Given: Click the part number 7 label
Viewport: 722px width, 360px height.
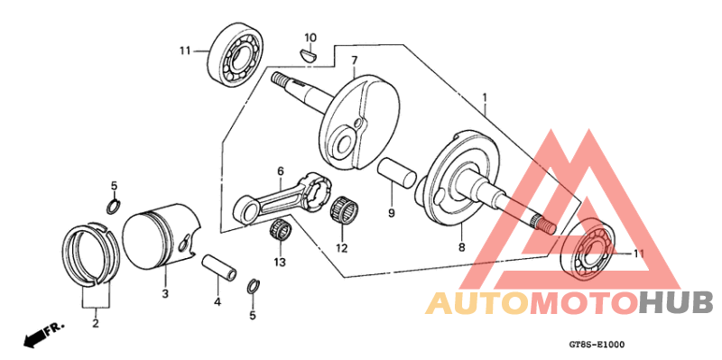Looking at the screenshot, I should point(355,60).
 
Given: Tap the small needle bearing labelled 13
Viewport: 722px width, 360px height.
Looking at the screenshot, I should point(281,230).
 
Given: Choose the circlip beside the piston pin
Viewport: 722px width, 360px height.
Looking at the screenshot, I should point(254,287).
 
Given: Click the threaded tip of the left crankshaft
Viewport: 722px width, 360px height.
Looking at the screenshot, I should point(280,79).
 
